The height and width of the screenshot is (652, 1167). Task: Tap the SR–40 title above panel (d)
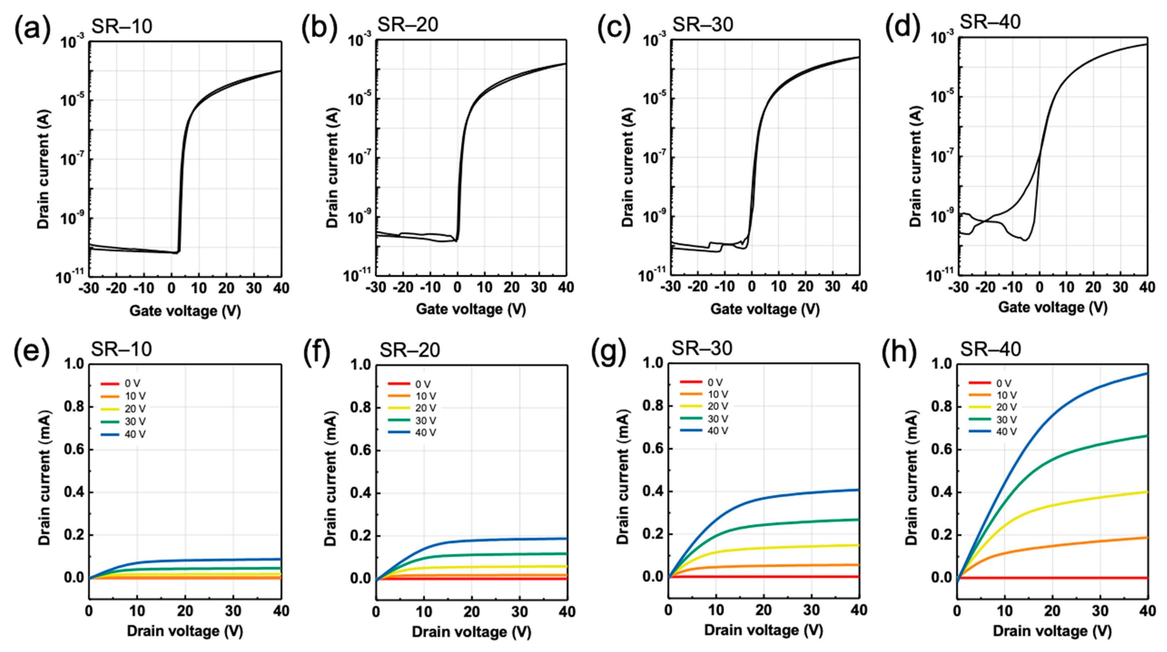tap(990, 22)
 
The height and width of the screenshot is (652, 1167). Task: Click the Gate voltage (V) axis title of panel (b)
tap(471, 309)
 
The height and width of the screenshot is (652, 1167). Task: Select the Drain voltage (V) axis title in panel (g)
tap(763, 630)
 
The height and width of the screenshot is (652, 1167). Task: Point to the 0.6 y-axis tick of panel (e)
tap(74, 450)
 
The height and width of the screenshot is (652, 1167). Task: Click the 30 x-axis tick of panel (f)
tap(520, 612)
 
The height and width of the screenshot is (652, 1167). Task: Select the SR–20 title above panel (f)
tap(409, 350)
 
